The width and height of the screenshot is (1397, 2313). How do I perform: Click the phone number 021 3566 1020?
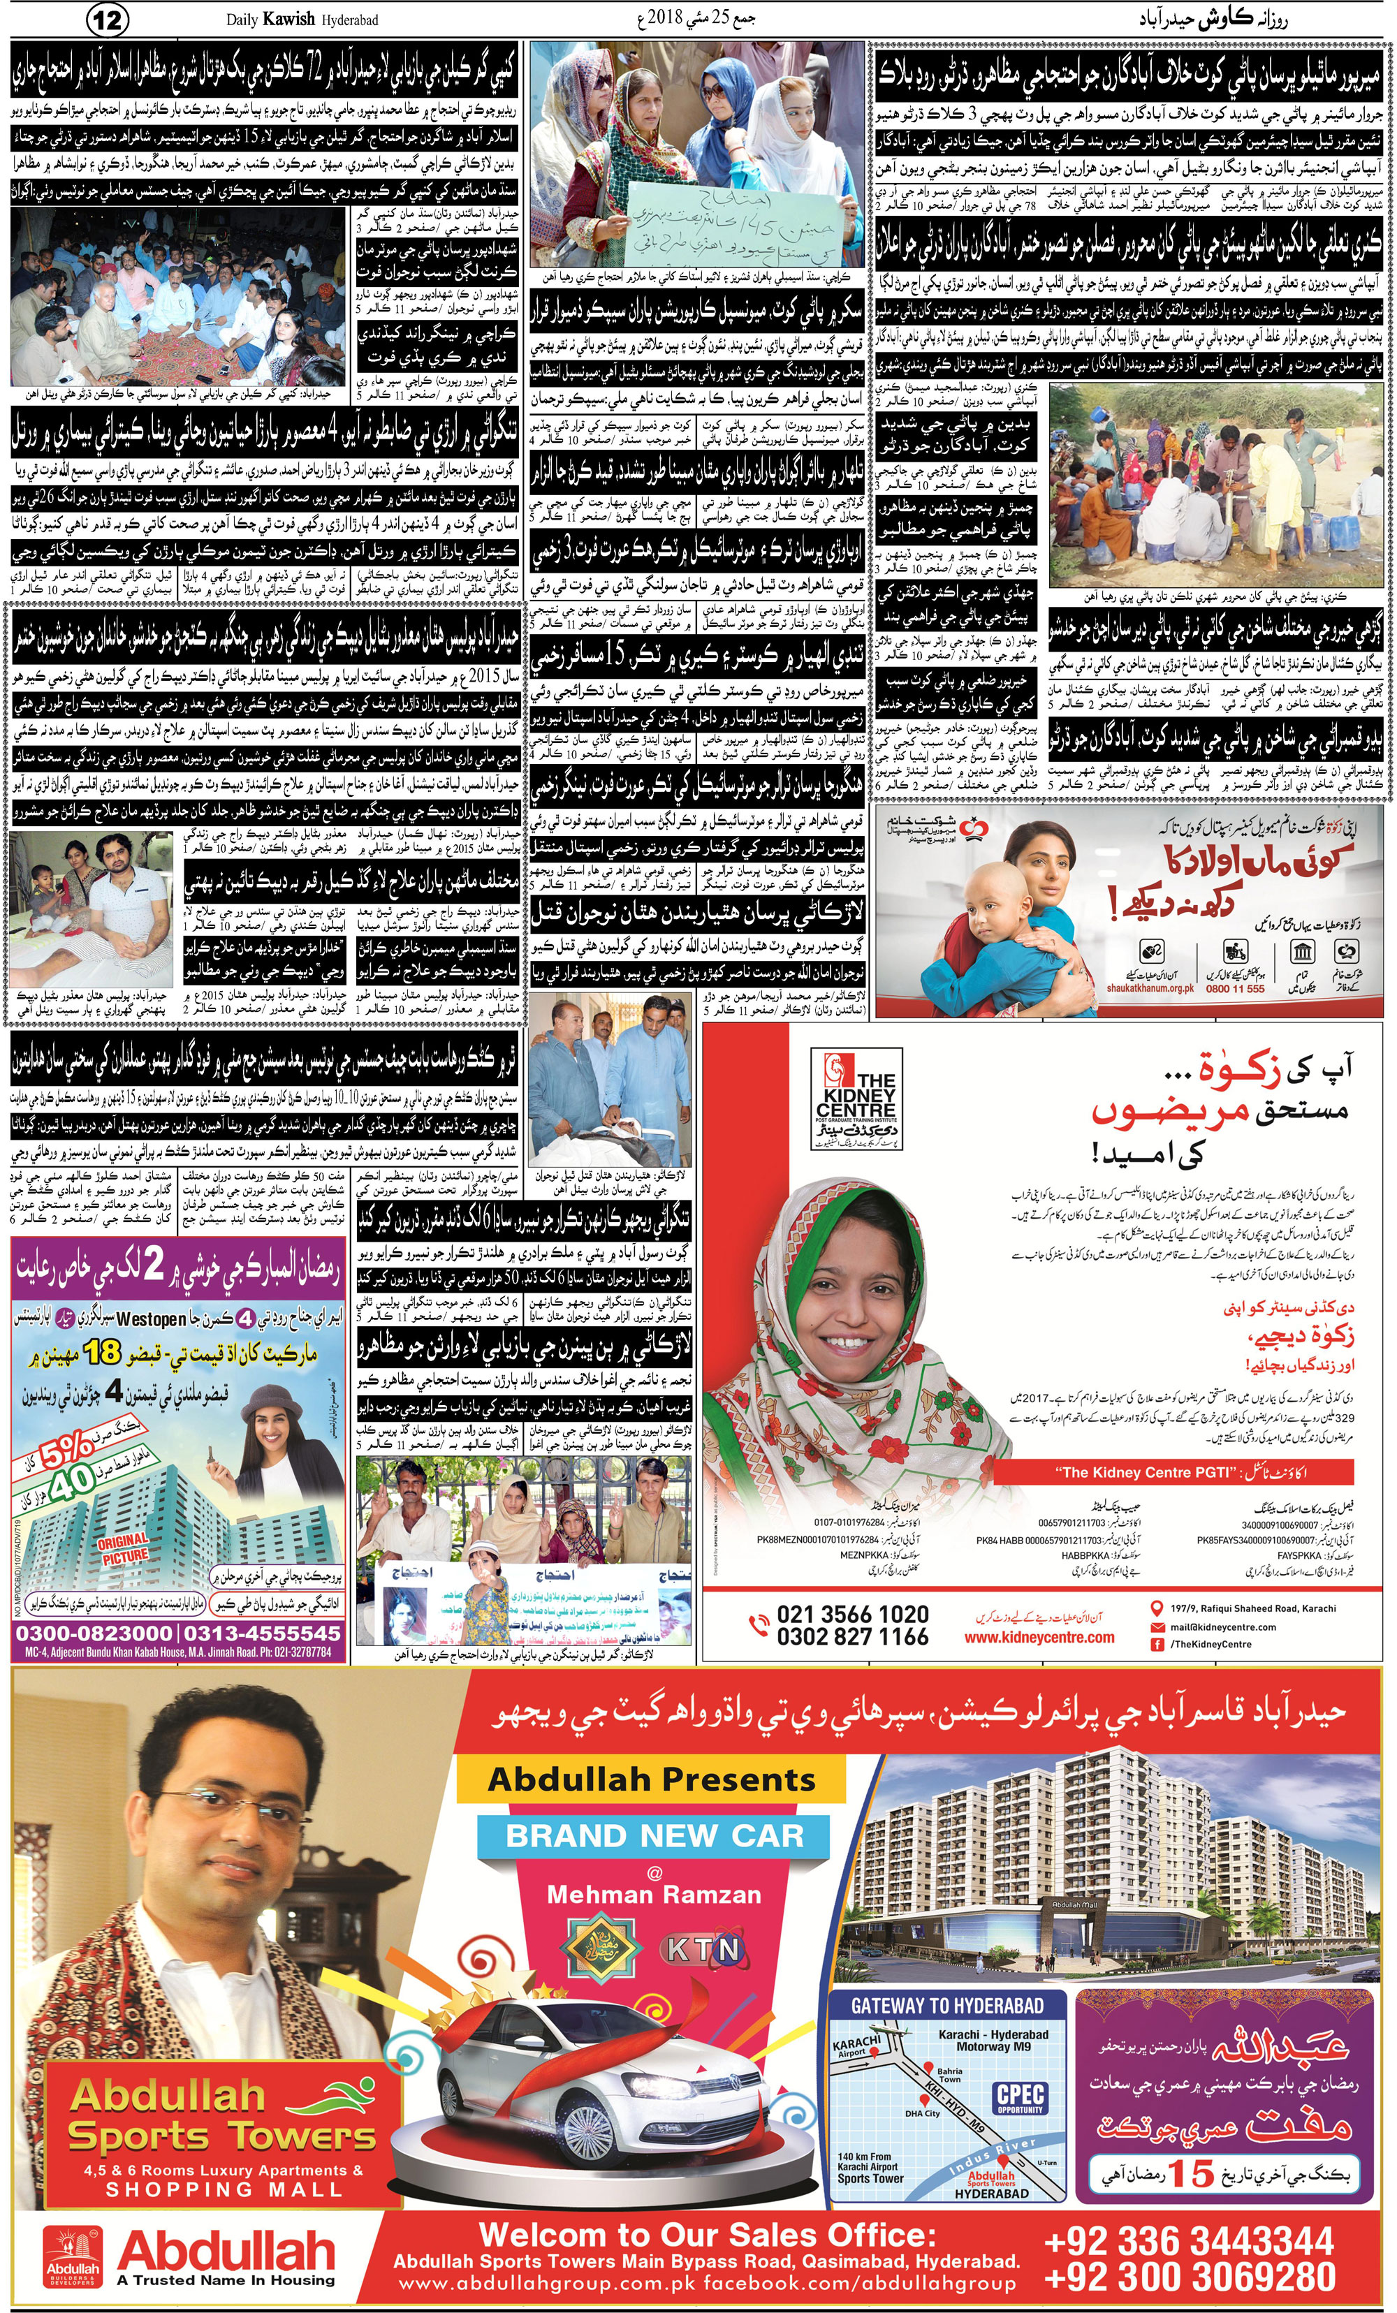point(851,1614)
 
